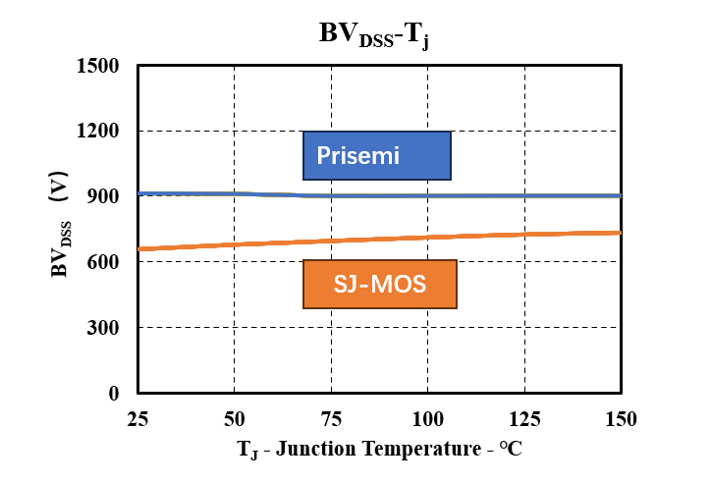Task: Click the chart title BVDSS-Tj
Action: tap(373, 35)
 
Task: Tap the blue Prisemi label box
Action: tap(377, 155)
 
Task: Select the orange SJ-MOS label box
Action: tap(380, 284)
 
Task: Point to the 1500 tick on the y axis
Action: tap(97, 66)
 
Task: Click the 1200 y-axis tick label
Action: tap(97, 131)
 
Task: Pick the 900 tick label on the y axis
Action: tap(103, 196)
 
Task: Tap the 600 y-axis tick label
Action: tap(103, 261)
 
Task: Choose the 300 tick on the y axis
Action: tap(103, 327)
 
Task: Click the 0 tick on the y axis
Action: tap(114, 393)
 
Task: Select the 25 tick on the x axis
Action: tap(137, 419)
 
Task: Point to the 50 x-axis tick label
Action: tap(235, 419)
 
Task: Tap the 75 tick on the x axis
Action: tap(331, 419)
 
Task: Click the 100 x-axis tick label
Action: tap(427, 419)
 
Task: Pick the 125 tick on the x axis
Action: tap(524, 419)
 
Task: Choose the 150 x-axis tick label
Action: tap(622, 419)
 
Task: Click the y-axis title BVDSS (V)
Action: tap(59, 224)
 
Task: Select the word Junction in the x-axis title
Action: tap(315, 449)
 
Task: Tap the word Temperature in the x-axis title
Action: tap(421, 449)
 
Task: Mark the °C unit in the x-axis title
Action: tap(511, 449)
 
